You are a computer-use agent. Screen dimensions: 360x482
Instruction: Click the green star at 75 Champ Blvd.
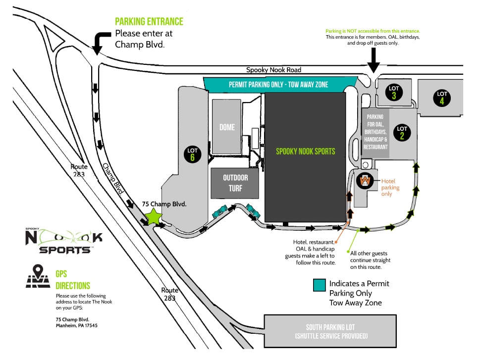[154, 216]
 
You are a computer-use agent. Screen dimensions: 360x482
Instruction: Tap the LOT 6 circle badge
[193, 154]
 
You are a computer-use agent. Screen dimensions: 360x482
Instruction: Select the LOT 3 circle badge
[394, 92]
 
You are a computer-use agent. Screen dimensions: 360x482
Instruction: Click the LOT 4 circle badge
[442, 98]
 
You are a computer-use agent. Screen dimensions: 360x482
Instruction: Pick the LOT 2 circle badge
[402, 132]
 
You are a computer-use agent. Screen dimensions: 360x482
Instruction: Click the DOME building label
[227, 127]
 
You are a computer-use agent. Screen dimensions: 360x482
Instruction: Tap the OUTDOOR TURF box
[235, 183]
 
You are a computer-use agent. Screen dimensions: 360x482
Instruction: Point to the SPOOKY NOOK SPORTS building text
[305, 151]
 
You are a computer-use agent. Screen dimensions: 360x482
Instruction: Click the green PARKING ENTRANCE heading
[149, 22]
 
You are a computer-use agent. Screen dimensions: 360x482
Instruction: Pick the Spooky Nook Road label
[274, 70]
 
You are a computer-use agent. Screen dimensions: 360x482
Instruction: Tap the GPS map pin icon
[38, 277]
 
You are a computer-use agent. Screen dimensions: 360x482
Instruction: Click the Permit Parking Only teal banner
[278, 85]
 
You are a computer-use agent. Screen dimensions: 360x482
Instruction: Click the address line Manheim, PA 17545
[77, 325]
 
